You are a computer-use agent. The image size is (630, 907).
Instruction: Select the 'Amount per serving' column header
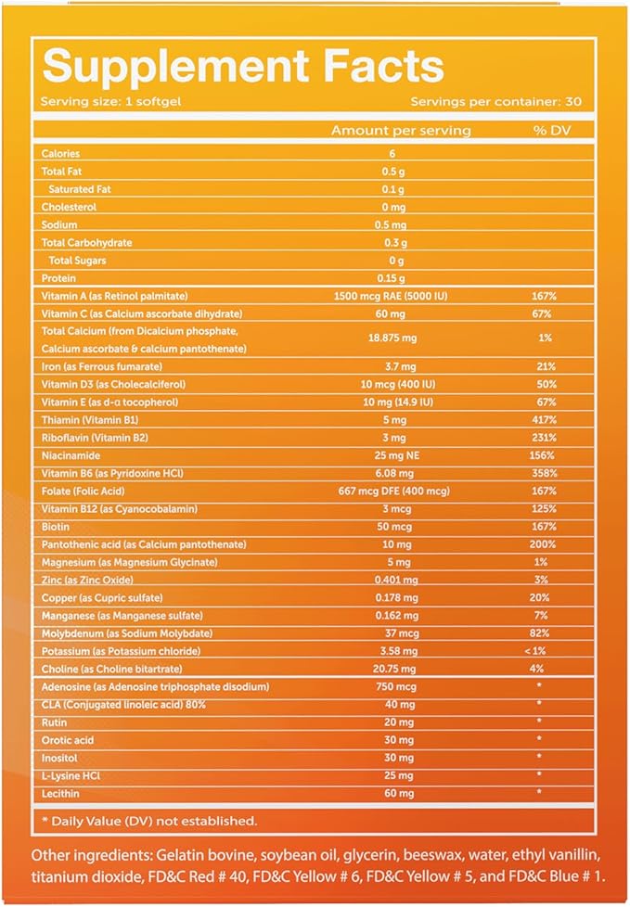401,131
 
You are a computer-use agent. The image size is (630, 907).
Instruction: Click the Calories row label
60,154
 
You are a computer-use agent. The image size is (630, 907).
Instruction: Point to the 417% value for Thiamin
546,420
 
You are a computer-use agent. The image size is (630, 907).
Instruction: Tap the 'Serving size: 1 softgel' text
100,101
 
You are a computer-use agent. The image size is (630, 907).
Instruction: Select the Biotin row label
55,527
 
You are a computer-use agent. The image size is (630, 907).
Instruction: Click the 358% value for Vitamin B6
546,473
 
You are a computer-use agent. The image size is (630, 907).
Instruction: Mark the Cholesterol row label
69,207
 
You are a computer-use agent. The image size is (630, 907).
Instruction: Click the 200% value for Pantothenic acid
546,544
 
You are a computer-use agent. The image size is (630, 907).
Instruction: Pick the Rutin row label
53,722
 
